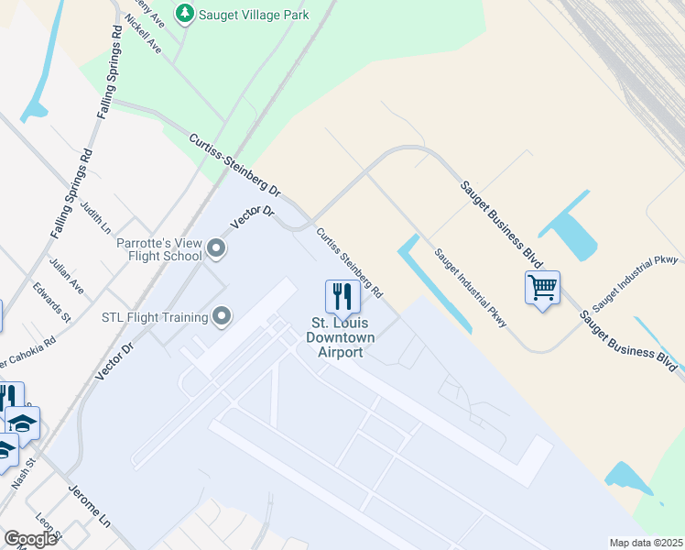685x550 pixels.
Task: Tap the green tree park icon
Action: coord(185,14)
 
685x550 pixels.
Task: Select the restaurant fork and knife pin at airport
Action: coord(342,295)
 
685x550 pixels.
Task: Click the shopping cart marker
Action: coord(542,288)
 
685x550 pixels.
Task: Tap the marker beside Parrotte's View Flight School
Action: coord(217,247)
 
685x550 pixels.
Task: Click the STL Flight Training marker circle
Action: coord(222,317)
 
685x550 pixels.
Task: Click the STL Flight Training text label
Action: coord(154,318)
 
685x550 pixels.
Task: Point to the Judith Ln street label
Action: coord(94,217)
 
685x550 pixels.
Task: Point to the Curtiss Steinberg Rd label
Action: coord(349,262)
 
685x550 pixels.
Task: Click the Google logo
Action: coord(30,539)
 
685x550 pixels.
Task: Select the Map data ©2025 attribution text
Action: coord(647,543)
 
